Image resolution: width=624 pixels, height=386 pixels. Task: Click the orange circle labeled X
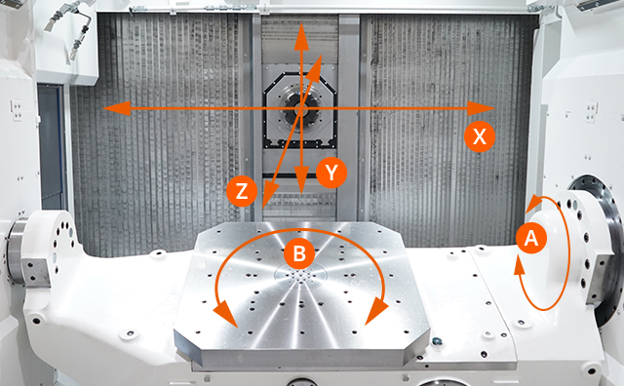[478, 136]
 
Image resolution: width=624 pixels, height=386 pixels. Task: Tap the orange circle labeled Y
[332, 174]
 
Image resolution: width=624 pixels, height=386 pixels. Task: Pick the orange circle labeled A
[530, 237]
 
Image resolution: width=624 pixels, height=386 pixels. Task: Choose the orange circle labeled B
[300, 254]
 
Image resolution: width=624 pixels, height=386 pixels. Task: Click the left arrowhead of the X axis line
[109, 107]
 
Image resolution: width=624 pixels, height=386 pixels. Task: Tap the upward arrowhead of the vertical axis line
[301, 32]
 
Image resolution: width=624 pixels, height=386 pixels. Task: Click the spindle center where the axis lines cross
[301, 107]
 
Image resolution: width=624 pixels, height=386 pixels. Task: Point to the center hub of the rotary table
[300, 277]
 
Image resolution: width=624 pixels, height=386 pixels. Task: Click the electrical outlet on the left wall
[17, 110]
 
